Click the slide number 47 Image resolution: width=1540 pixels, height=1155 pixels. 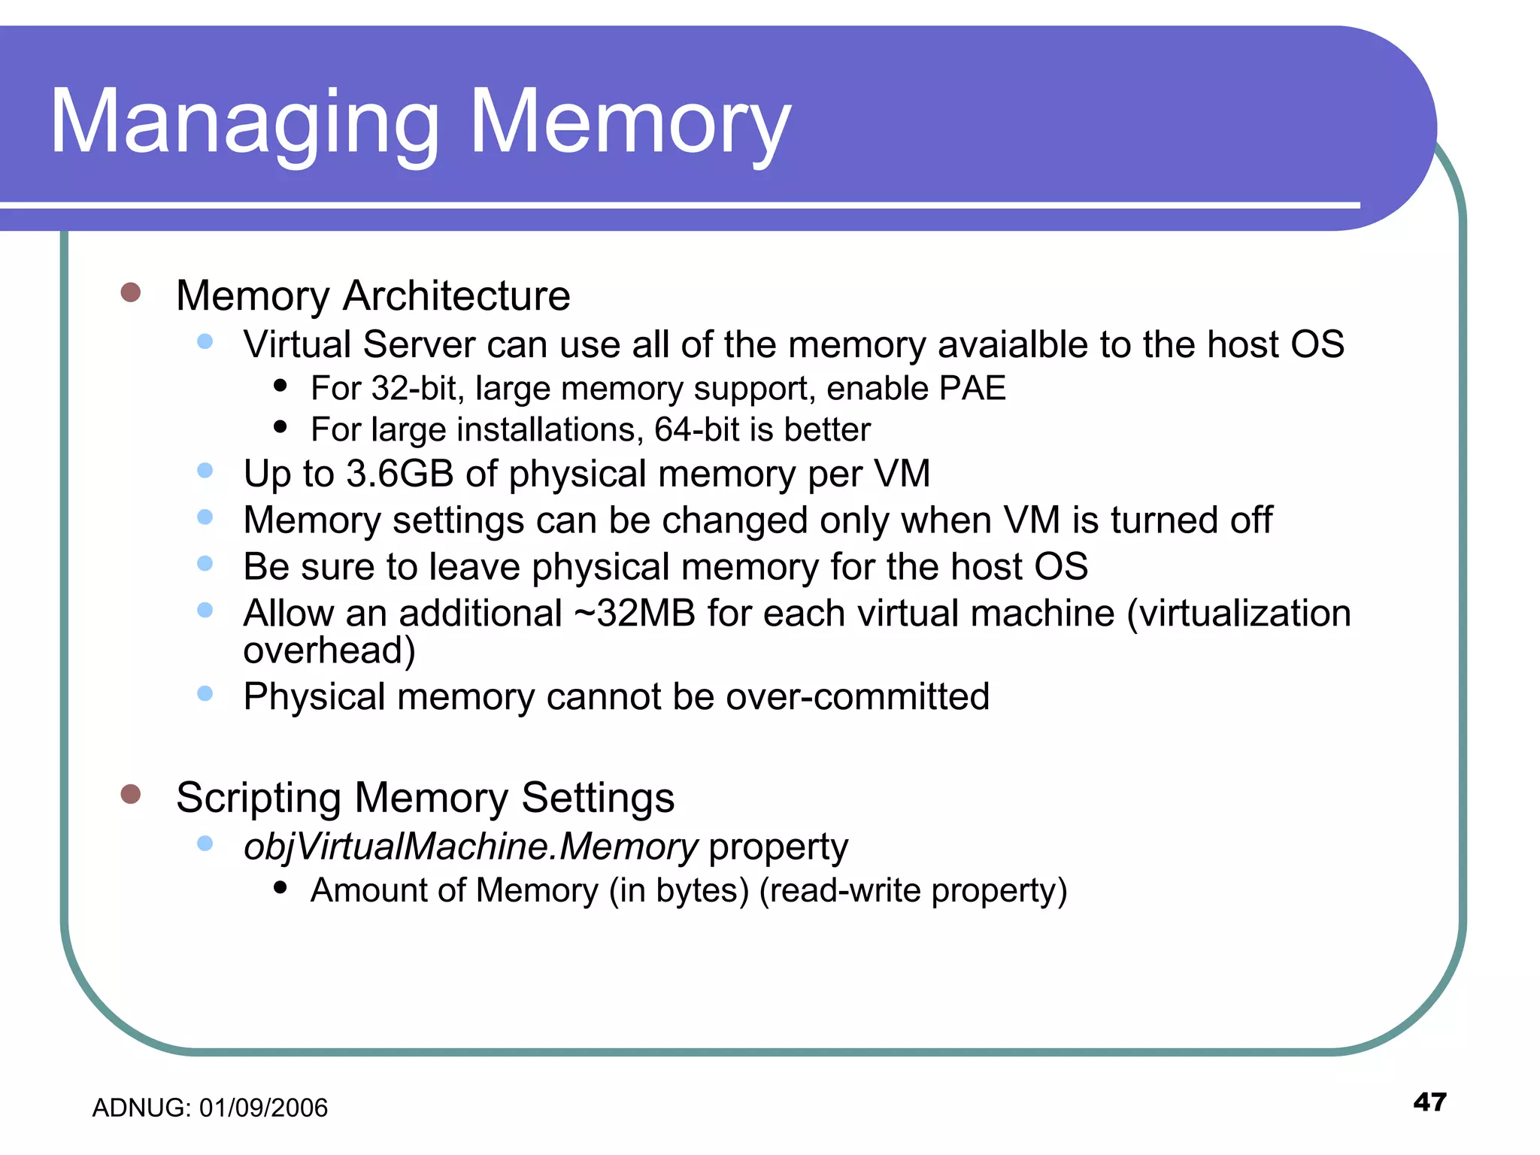[x=1429, y=1102]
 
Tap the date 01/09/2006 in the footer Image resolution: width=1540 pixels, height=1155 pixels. [x=263, y=1108]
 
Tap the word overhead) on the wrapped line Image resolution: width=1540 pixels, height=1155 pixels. [x=329, y=650]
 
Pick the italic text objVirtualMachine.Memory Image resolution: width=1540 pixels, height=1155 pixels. [x=471, y=847]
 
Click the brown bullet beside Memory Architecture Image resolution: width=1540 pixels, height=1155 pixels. [x=131, y=293]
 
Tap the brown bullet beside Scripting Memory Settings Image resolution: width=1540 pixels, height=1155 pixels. [x=131, y=794]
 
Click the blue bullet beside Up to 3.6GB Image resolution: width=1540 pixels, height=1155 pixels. [x=205, y=471]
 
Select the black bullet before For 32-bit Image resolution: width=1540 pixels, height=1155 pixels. [x=280, y=387]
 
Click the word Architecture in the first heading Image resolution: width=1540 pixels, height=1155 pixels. [x=456, y=296]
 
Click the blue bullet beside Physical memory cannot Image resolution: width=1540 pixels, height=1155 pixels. [x=205, y=693]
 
